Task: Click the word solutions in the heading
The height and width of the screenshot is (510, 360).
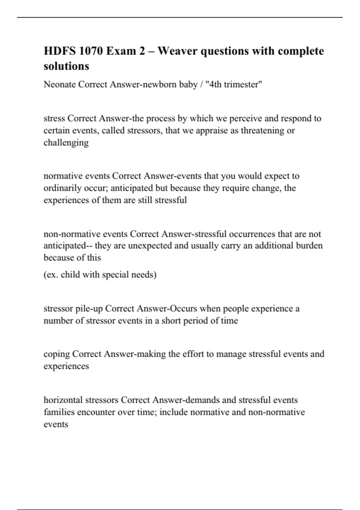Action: click(66, 66)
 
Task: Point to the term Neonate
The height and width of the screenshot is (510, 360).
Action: click(59, 85)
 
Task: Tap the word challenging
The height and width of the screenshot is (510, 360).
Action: click(66, 143)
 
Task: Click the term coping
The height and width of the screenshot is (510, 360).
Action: click(57, 354)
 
